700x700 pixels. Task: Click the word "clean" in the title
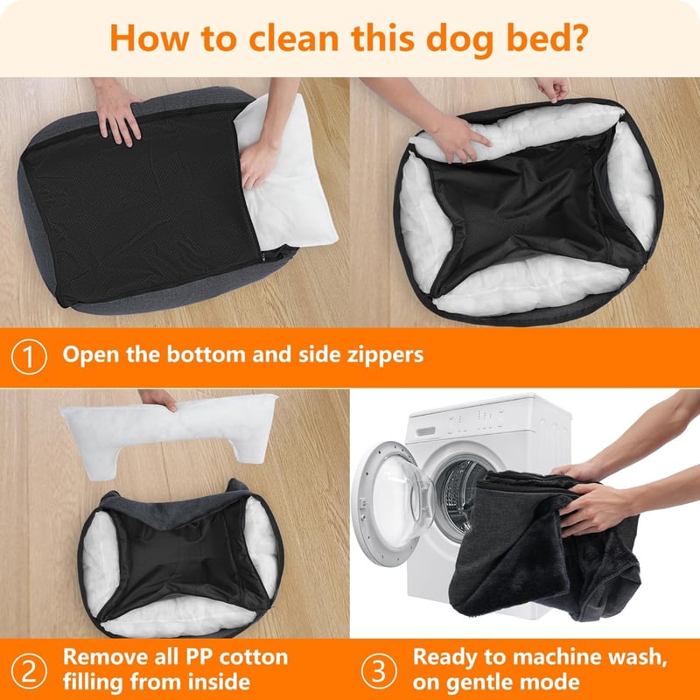pyautogui.click(x=294, y=38)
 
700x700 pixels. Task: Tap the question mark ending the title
pyautogui.click(x=579, y=38)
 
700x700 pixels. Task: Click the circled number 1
pyautogui.click(x=29, y=357)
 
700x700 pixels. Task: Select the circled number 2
pyautogui.click(x=29, y=670)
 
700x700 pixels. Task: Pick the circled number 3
pyautogui.click(x=379, y=670)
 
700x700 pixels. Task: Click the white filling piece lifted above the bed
pyautogui.click(x=169, y=430)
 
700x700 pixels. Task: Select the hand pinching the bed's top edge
pyautogui.click(x=553, y=89)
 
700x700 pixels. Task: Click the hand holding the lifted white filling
pyautogui.click(x=158, y=399)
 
